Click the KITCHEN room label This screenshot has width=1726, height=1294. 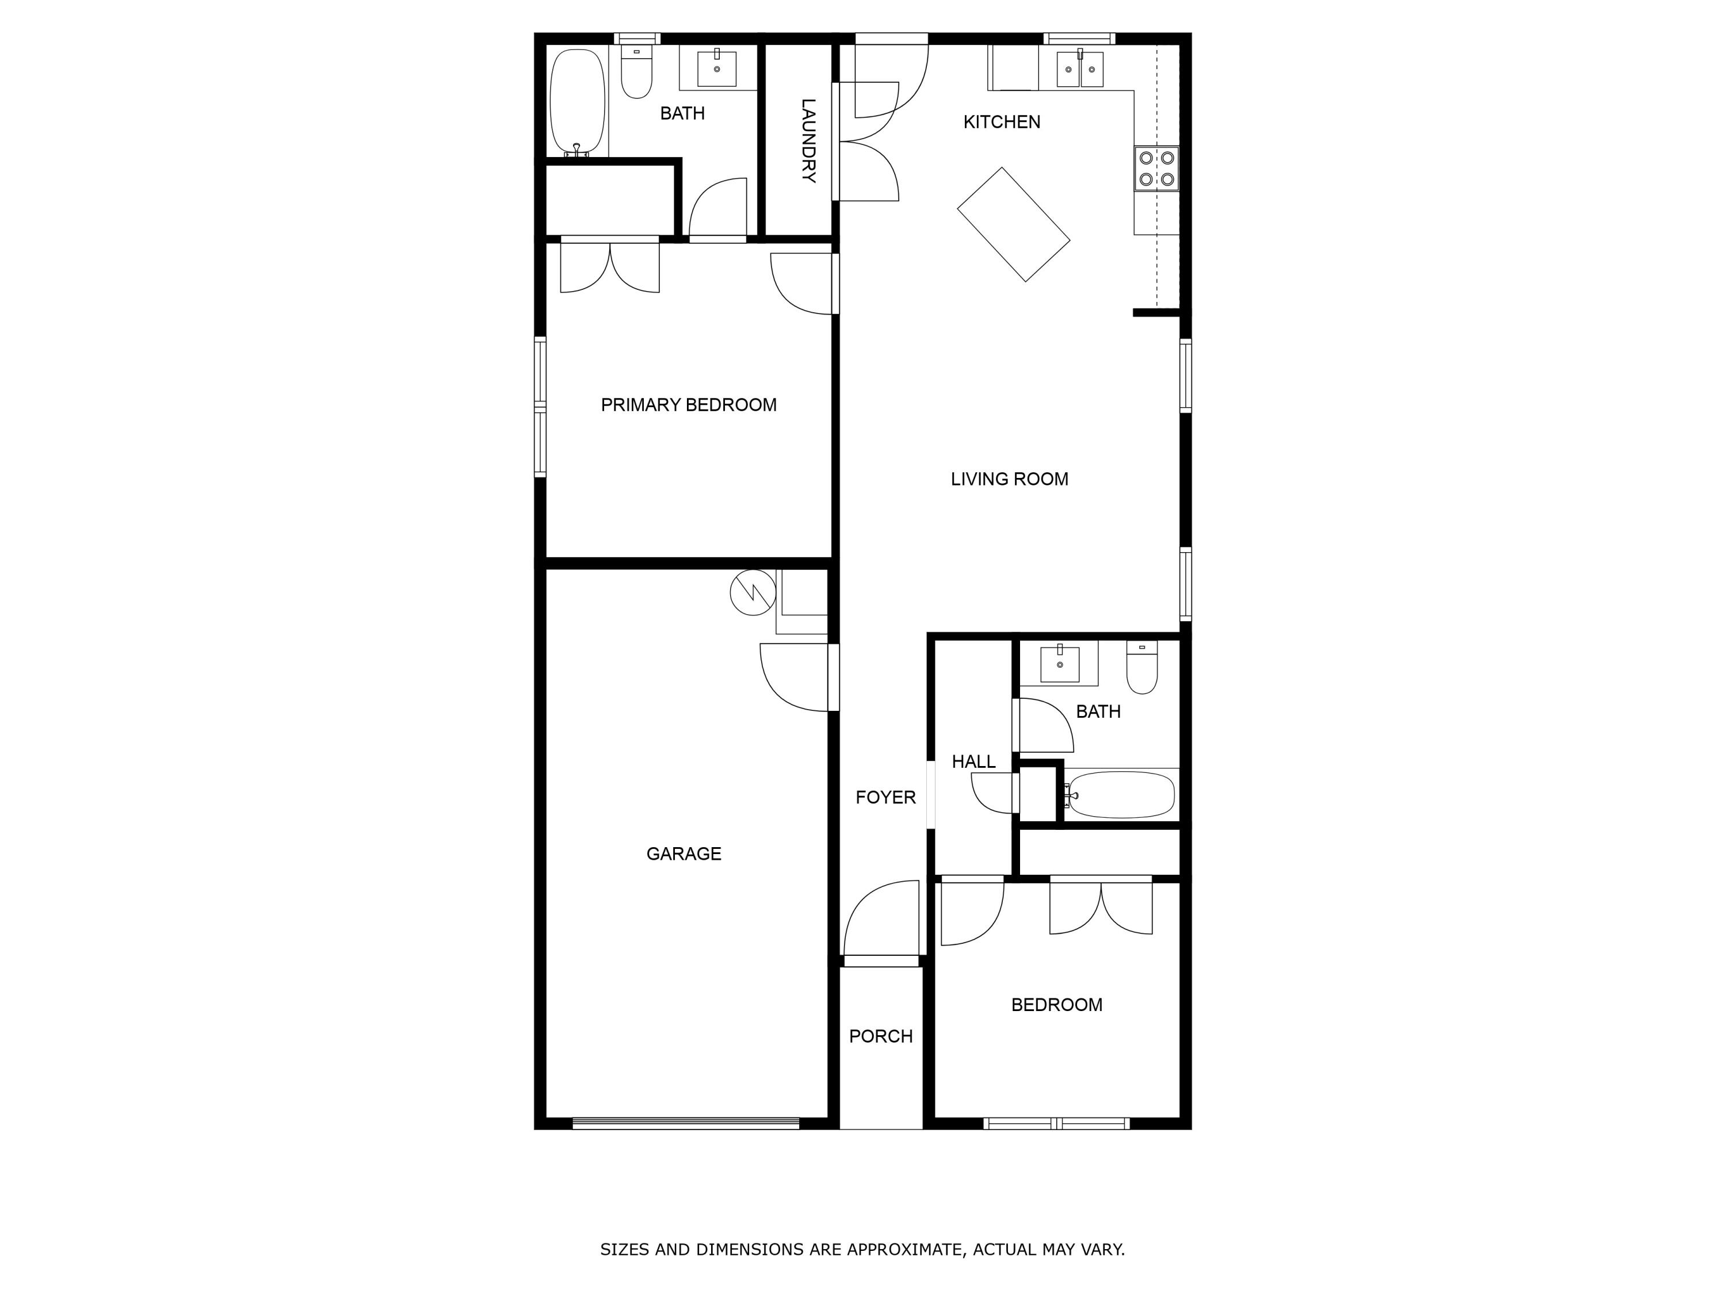[1001, 122]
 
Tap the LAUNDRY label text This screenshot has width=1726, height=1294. [808, 140]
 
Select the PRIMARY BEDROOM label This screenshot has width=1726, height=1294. [688, 405]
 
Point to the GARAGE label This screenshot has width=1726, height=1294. [683, 853]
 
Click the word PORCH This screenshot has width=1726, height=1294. [880, 1036]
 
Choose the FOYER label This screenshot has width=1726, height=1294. [885, 797]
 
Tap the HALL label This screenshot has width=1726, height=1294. [973, 761]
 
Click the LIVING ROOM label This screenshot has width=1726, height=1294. [1009, 479]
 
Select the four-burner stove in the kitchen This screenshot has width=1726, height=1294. [1156, 169]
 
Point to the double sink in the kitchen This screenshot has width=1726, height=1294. [1080, 70]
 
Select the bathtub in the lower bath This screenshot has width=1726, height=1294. [1121, 794]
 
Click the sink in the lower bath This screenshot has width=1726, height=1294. [1060, 664]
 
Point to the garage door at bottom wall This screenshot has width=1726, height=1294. [685, 1123]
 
